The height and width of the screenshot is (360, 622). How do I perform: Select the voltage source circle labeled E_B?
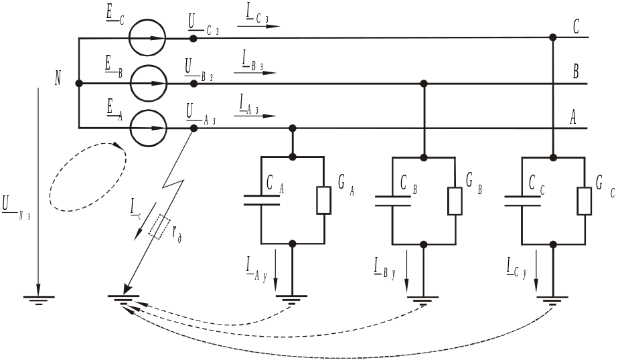click(149, 65)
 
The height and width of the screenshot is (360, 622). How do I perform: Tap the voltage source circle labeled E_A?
click(149, 110)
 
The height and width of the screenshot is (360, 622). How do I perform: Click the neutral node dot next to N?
click(79, 83)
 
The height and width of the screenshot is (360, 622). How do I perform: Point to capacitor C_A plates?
click(261, 200)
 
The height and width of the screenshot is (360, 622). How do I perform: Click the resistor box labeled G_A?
click(324, 200)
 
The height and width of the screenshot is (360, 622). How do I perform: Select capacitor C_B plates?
click(393, 201)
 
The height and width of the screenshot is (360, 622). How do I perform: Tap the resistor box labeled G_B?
click(455, 201)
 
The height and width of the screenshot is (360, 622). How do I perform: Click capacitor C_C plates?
click(522, 201)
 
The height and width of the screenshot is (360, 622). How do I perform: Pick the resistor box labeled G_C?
click(585, 201)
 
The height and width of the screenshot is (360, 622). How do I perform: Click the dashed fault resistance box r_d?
click(159, 227)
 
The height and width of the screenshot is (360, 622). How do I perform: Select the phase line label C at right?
click(576, 27)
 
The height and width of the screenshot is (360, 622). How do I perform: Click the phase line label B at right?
click(575, 72)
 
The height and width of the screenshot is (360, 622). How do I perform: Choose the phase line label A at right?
click(573, 117)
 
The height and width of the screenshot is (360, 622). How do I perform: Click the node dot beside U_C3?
click(193, 38)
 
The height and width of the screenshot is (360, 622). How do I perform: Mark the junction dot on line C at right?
click(552, 37)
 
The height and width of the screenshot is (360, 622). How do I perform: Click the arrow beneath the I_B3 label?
click(254, 73)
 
